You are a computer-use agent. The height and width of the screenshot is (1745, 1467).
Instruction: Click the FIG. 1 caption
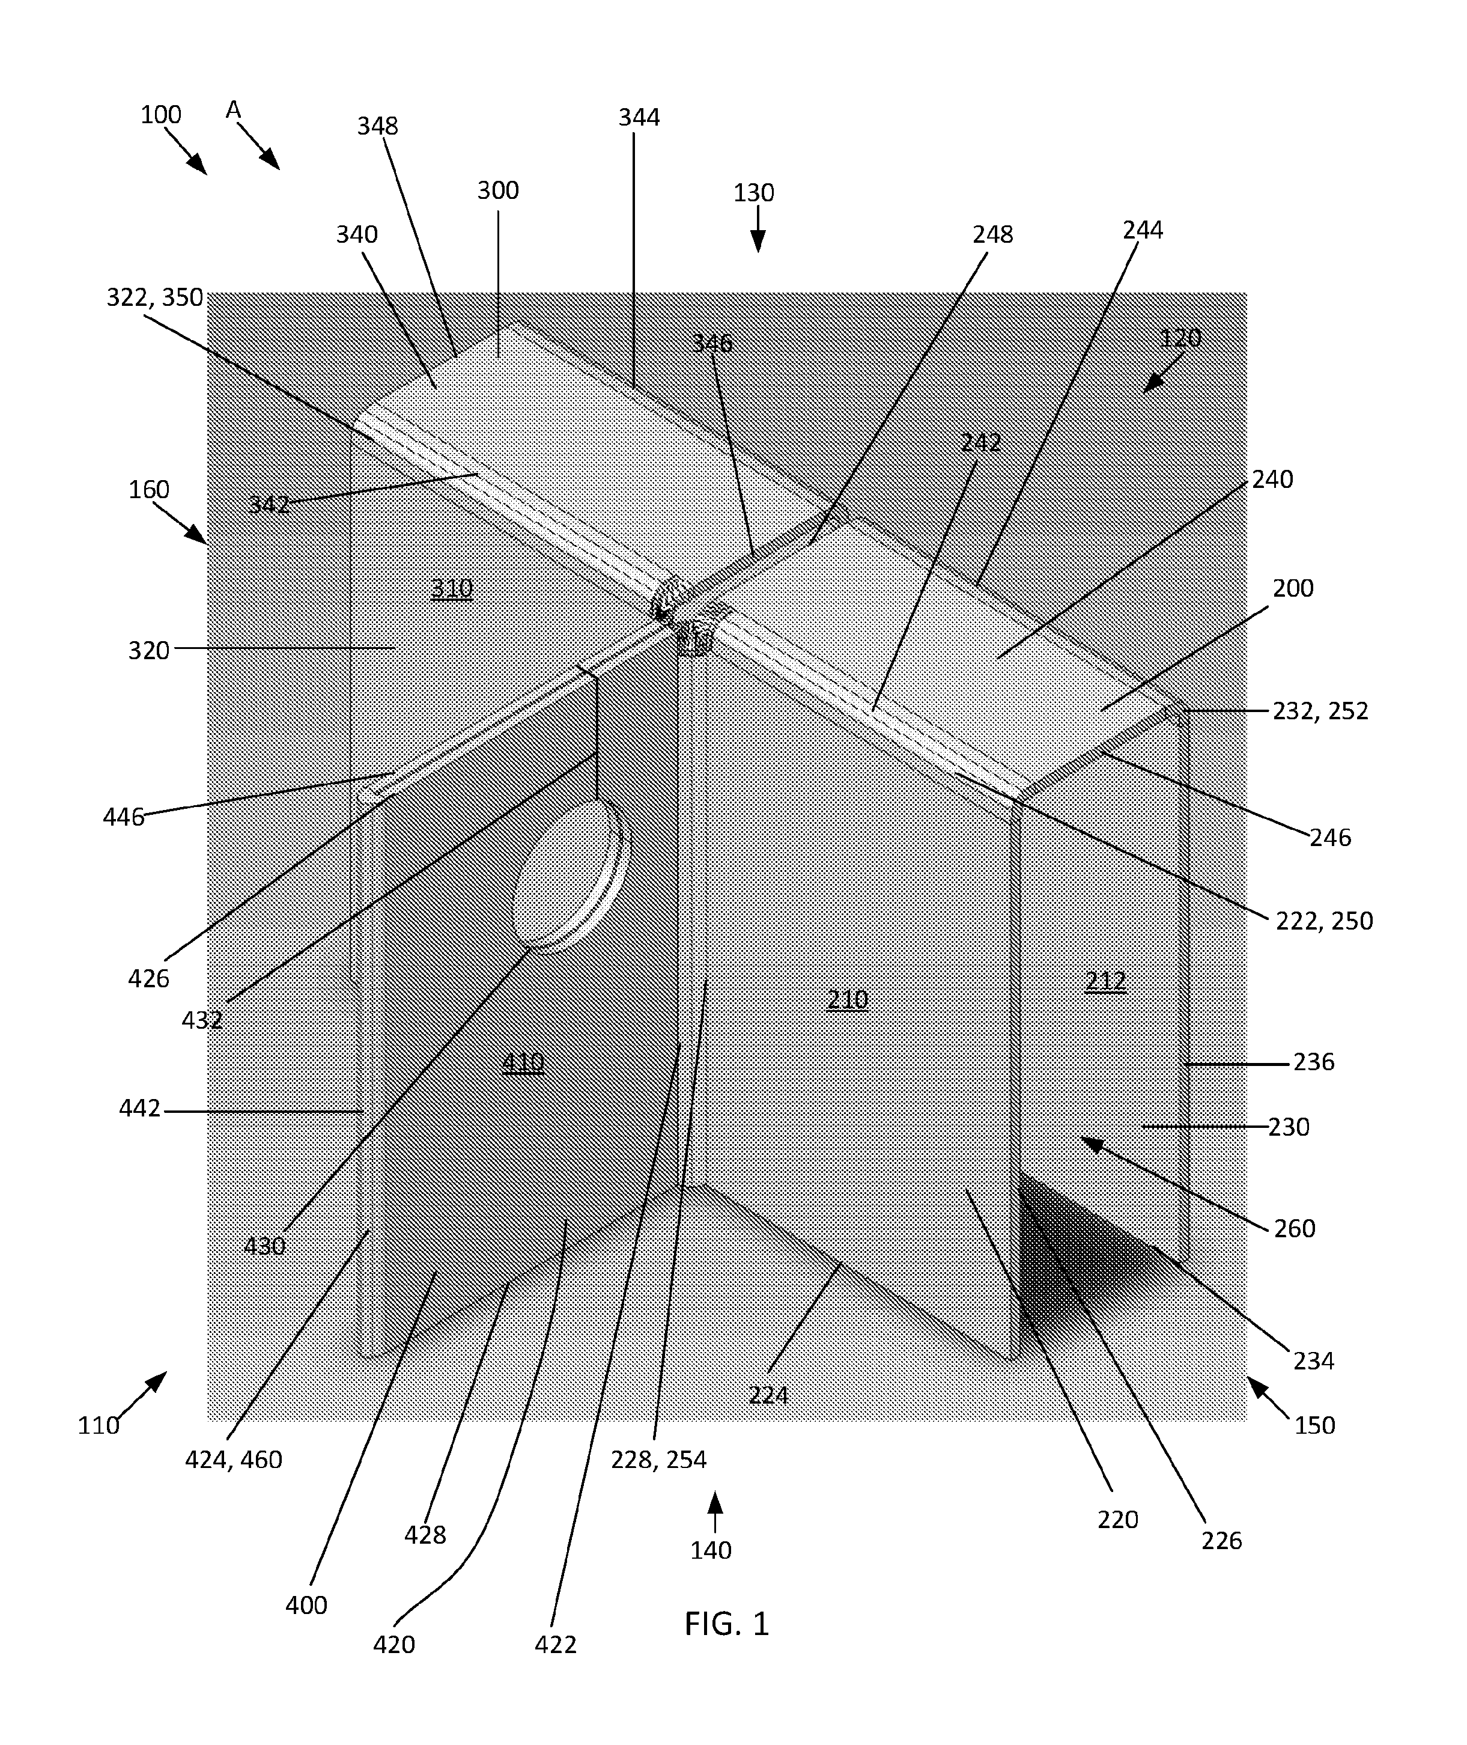click(727, 1624)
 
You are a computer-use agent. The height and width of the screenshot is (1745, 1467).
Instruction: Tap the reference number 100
click(160, 115)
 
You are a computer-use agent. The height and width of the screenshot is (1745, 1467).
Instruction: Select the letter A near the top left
click(234, 109)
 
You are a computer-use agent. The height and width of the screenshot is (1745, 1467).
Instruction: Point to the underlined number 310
click(452, 589)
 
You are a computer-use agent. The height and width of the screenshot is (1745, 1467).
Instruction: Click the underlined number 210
click(848, 999)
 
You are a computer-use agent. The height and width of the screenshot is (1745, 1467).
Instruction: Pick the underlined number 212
click(1105, 981)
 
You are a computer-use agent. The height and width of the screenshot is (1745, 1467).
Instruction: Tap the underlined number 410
click(523, 1062)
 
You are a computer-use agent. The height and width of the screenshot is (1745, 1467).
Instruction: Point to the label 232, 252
click(1320, 710)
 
